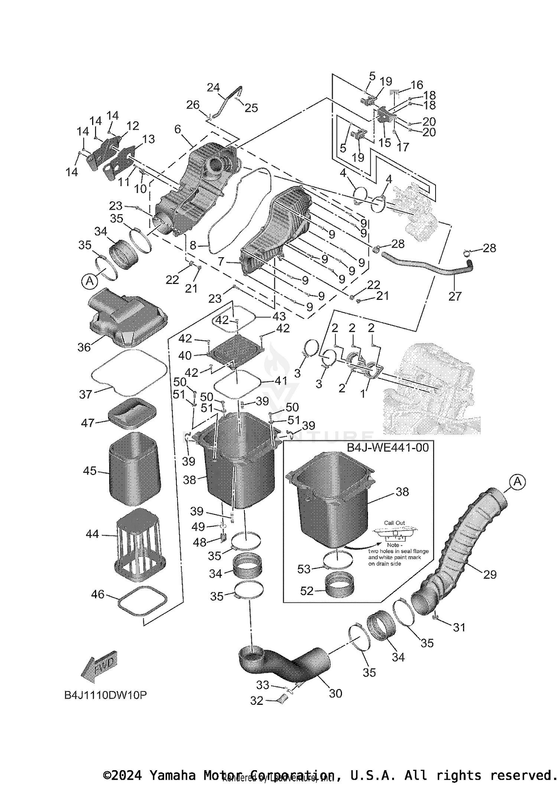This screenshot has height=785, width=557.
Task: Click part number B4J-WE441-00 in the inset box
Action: tap(388, 447)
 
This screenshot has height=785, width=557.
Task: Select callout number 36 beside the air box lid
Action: tap(84, 347)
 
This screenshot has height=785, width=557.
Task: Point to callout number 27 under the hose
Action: tap(455, 296)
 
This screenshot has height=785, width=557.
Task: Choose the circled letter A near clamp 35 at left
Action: tap(89, 281)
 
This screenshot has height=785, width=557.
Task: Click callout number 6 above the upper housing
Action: tap(177, 129)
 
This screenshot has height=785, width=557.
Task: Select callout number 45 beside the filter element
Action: tap(89, 471)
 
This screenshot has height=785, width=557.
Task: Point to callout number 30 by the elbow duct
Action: tap(335, 693)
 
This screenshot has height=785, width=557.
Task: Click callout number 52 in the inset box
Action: tap(307, 591)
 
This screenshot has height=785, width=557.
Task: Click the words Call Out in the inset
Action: tap(394, 523)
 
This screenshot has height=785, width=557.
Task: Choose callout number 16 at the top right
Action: tap(417, 85)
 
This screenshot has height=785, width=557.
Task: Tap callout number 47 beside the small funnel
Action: tap(88, 422)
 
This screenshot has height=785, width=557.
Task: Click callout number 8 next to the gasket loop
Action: tap(193, 245)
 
